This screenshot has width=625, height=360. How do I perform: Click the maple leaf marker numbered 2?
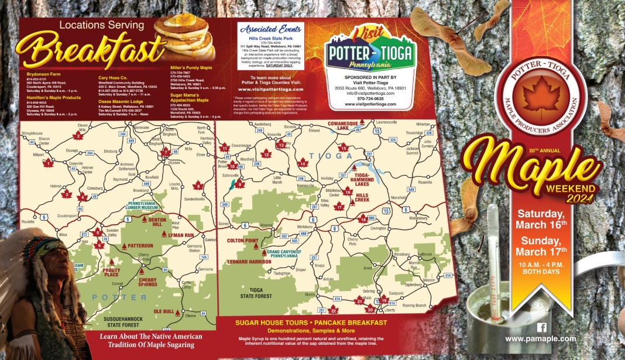coord(78,136)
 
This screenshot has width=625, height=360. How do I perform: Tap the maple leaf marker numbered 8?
coord(198,186)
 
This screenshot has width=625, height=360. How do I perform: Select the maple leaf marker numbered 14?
coord(303,164)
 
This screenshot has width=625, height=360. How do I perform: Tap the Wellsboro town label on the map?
coord(305,226)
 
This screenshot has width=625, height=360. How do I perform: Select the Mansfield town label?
coord(399,198)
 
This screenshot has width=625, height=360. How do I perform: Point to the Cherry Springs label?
coord(147,282)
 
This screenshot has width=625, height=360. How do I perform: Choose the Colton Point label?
coord(243,241)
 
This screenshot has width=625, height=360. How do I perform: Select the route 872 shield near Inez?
coord(68,234)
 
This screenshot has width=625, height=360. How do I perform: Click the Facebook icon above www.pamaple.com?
coord(541,328)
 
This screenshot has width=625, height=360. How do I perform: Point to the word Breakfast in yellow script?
coord(88,53)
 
